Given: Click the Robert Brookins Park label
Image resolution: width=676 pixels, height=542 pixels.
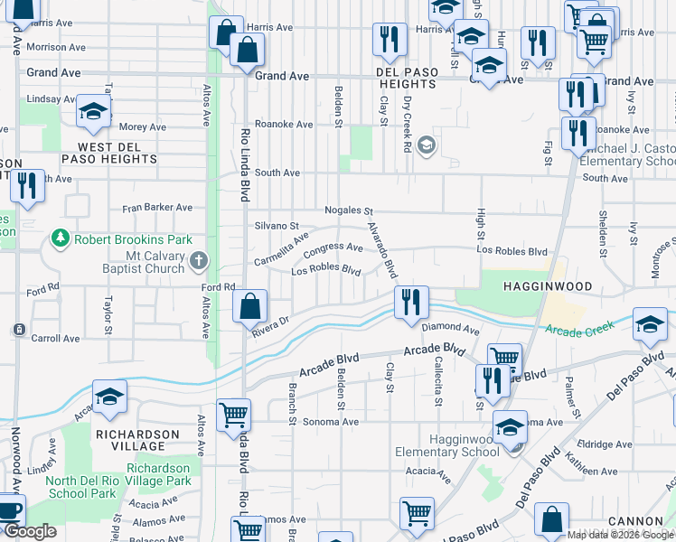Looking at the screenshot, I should coord(133,240).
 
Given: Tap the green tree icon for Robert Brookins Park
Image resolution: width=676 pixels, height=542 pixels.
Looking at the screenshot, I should coord(61,238).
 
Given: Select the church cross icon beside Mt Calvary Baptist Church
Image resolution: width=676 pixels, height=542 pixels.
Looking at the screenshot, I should coord(200,261).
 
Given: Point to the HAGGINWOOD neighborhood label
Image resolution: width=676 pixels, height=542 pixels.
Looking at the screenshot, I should coord(547,286).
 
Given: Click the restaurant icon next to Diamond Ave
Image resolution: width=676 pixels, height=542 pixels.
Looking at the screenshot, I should coord(411,302).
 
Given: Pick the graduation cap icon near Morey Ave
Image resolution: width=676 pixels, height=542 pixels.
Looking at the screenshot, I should coord(93,111).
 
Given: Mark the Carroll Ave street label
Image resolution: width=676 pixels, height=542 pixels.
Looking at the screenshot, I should coord(55,339).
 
